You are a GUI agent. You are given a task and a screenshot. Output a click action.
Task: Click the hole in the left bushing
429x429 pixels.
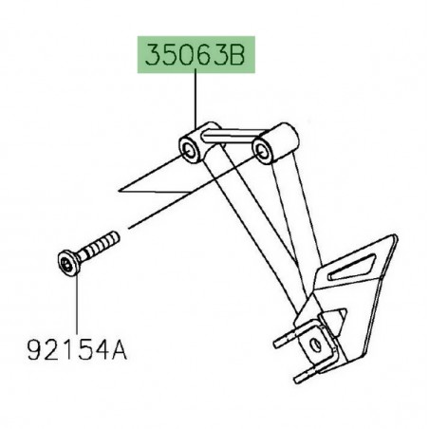188,148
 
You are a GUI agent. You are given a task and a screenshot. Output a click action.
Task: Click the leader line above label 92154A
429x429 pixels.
76,304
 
